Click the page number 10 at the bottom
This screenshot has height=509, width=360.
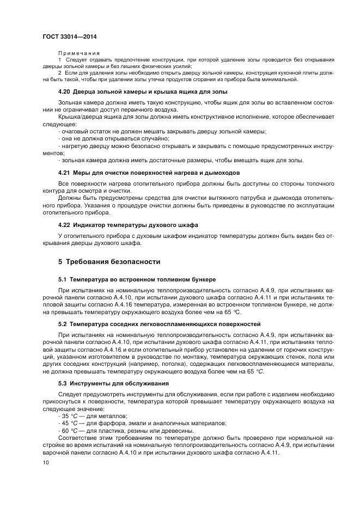45,462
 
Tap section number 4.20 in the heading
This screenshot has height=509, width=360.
64,91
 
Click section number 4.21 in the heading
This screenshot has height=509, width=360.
64,173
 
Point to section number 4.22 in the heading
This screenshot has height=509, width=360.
64,224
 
